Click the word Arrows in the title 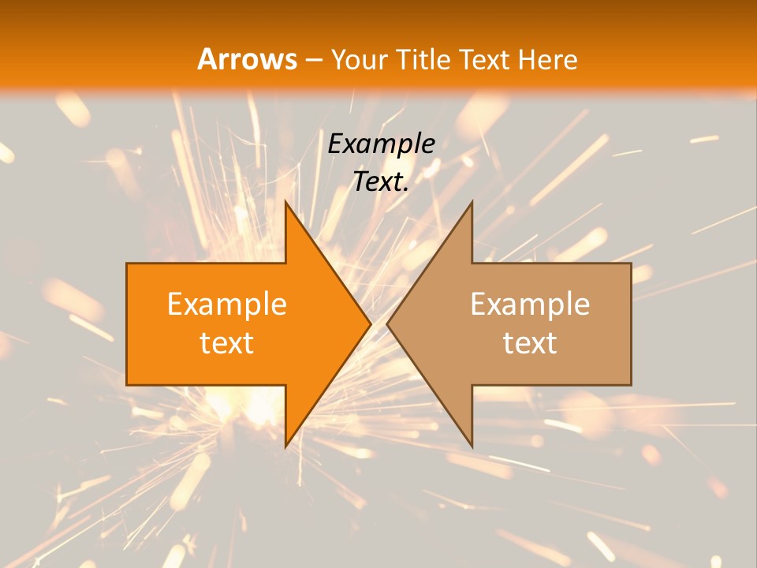coord(247,59)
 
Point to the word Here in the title coord(549,59)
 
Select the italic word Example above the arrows coord(381,144)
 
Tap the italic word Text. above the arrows coord(381,181)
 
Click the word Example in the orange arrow coord(227,304)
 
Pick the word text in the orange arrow coord(227,343)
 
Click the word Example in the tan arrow coord(530,304)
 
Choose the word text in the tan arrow coord(530,343)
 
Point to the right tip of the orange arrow coord(371,323)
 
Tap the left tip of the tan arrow coord(387,323)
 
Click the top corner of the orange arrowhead coord(285,201)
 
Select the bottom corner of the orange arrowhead coord(285,447)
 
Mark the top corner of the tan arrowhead coord(472,202)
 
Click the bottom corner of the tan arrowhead coord(472,447)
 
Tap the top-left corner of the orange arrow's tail coord(127,263)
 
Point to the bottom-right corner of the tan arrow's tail coord(631,385)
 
